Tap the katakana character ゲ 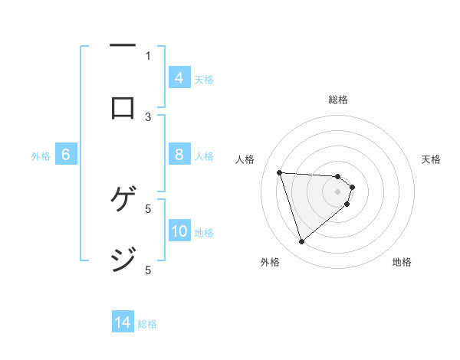click(x=123, y=200)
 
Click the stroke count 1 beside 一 click(x=148, y=55)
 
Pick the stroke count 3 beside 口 click(x=148, y=116)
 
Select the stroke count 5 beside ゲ click(x=148, y=208)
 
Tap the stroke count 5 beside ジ click(x=148, y=270)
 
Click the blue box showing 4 click(x=179, y=77)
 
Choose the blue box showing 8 click(x=179, y=155)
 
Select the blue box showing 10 click(x=179, y=231)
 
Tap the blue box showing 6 click(x=66, y=155)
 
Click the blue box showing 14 click(x=123, y=322)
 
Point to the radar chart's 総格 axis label click(x=337, y=100)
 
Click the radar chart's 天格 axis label click(x=432, y=159)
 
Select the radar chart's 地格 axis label click(x=402, y=262)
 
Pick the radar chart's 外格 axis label click(x=270, y=262)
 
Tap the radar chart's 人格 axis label click(x=245, y=159)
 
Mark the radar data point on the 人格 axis click(x=280, y=172)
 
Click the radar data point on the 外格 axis click(x=301, y=242)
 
